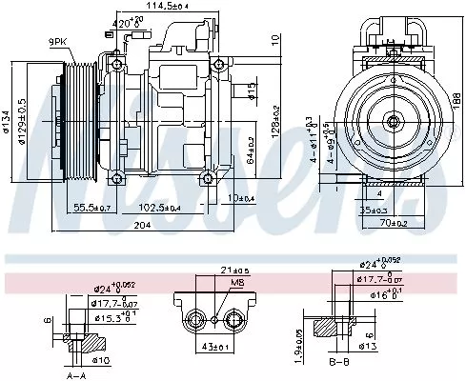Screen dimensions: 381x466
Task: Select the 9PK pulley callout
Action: click(59, 40)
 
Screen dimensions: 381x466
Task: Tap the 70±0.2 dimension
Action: click(393, 223)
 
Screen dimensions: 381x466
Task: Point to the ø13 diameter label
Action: click(369, 346)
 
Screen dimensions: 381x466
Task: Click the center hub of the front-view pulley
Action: click(393, 121)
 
